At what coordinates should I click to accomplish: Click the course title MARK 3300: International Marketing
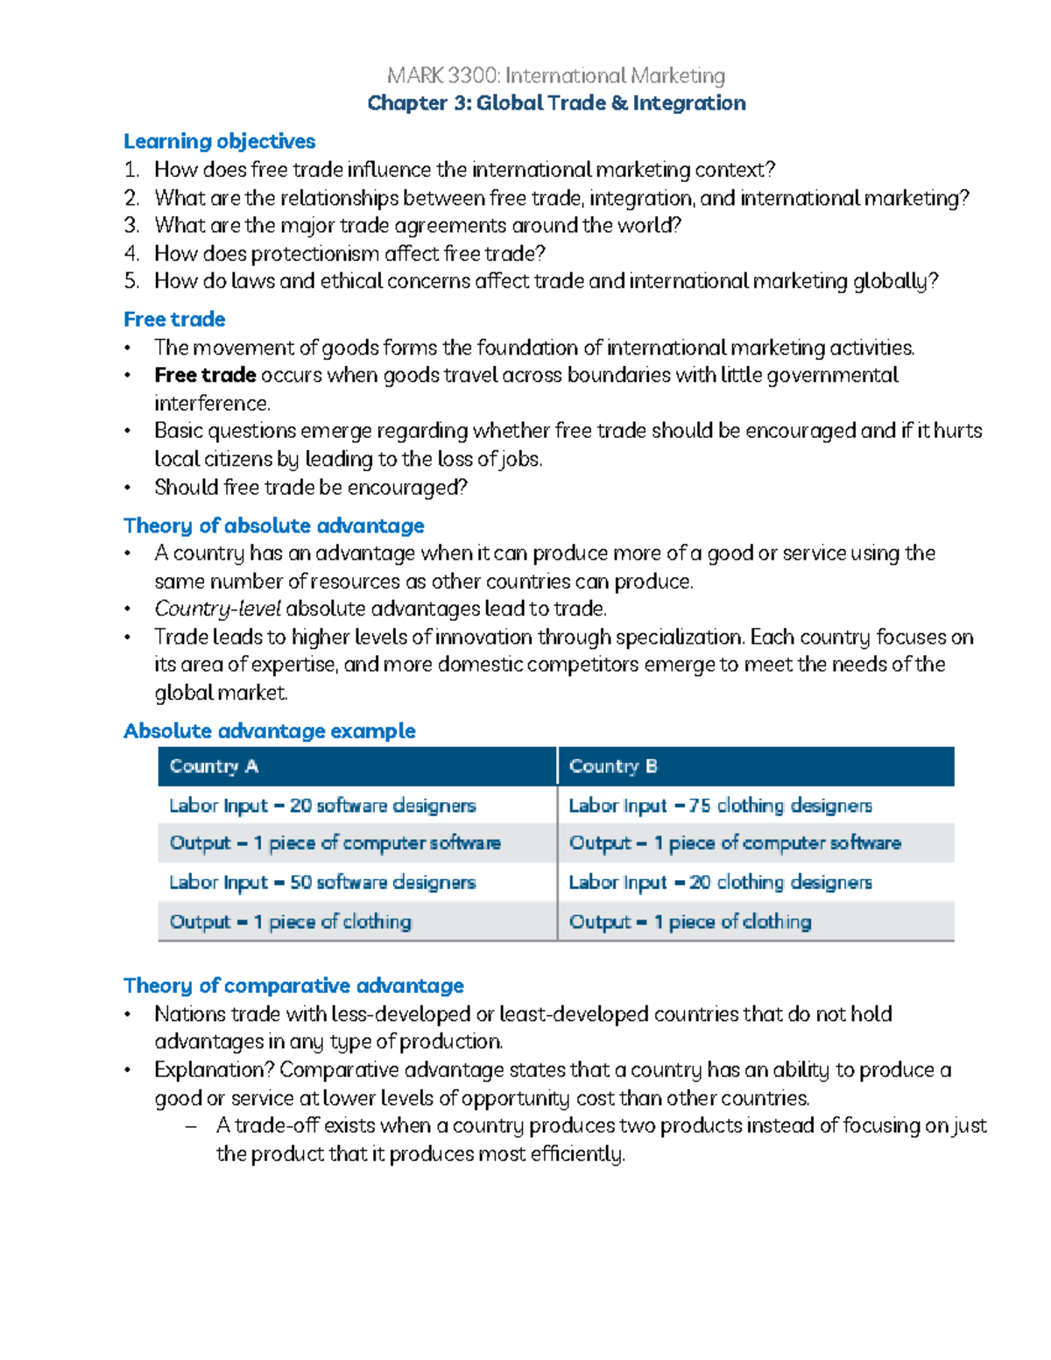pyautogui.click(x=556, y=76)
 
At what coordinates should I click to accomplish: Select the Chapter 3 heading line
pyautogui.click(x=556, y=103)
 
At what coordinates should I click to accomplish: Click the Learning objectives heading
pyautogui.click(x=219, y=142)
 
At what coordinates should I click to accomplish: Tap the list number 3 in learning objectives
pyautogui.click(x=131, y=226)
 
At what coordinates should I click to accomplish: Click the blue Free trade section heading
pyautogui.click(x=174, y=320)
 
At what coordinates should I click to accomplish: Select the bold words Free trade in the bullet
pyautogui.click(x=205, y=376)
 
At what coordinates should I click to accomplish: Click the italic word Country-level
pyautogui.click(x=217, y=609)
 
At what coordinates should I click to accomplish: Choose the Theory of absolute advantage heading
pyautogui.click(x=273, y=525)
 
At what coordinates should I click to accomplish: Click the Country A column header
pyautogui.click(x=214, y=766)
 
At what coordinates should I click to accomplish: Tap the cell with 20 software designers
pyautogui.click(x=322, y=806)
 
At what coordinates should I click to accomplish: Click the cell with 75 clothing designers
pyautogui.click(x=720, y=806)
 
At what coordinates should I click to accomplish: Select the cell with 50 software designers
pyautogui.click(x=322, y=883)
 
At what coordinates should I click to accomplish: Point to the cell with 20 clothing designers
pyautogui.click(x=720, y=883)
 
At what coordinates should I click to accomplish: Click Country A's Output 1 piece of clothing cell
pyautogui.click(x=290, y=922)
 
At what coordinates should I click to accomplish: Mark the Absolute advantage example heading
pyautogui.click(x=269, y=731)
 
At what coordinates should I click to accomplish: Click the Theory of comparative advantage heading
pyautogui.click(x=293, y=986)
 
